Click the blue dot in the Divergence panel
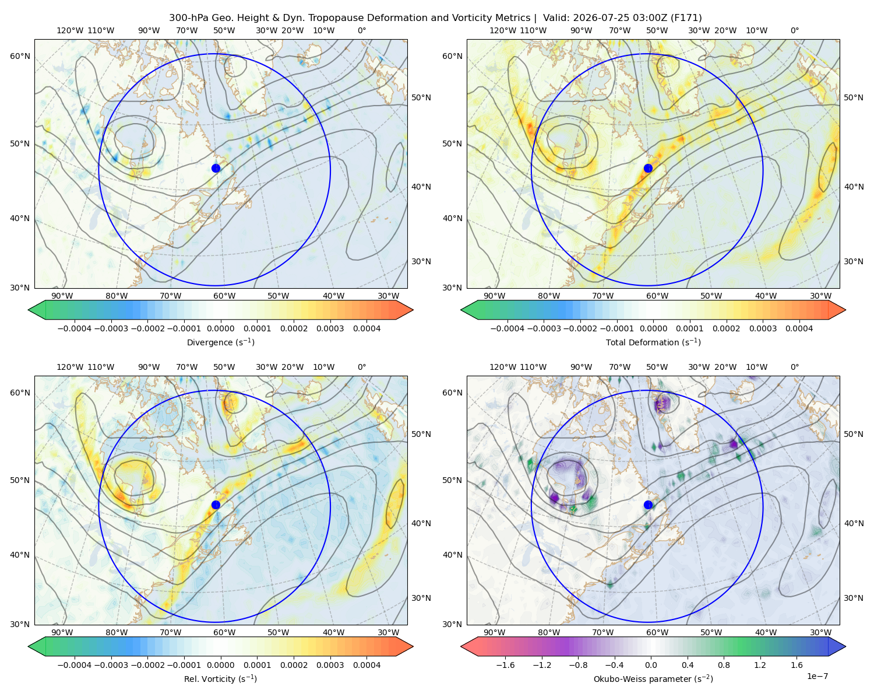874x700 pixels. (x=216, y=169)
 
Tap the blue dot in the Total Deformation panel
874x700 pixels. (x=648, y=169)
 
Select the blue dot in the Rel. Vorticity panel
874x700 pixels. (x=216, y=505)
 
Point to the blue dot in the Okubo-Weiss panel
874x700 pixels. (x=648, y=505)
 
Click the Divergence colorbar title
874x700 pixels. (x=220, y=342)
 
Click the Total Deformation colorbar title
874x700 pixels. (x=653, y=342)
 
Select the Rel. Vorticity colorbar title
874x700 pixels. (x=220, y=679)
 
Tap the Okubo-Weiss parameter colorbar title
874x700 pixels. (x=653, y=679)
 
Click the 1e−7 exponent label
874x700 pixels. (x=817, y=676)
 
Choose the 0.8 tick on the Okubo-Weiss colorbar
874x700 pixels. (x=724, y=665)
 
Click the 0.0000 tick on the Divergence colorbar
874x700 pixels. (x=220, y=328)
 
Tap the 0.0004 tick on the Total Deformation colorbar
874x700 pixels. (x=799, y=328)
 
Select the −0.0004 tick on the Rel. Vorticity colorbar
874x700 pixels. (x=75, y=665)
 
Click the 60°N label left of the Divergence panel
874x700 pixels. (x=20, y=56)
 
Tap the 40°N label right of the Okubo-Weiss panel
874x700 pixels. (x=854, y=523)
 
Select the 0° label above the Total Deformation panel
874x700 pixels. (x=794, y=30)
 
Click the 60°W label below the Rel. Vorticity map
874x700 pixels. (x=224, y=632)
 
